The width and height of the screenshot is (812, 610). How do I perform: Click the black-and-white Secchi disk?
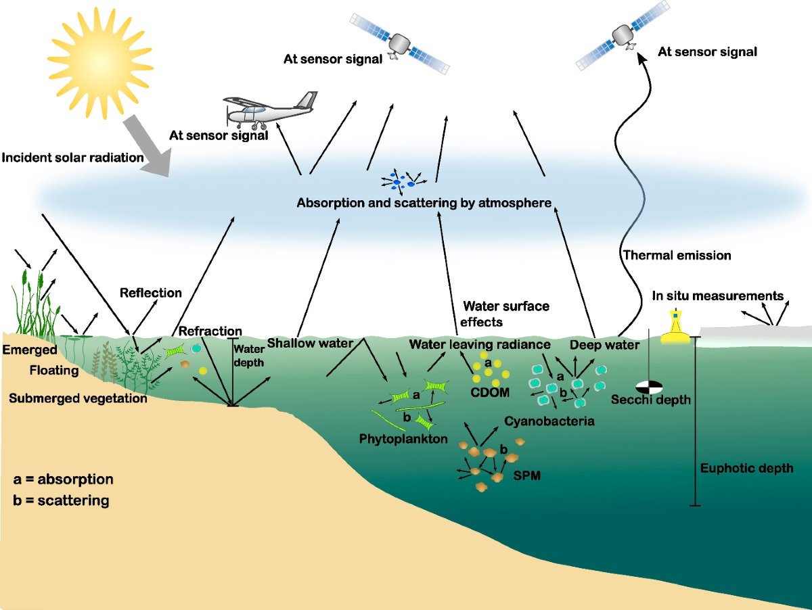pos(648,386)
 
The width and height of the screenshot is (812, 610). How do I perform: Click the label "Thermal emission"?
pos(677,256)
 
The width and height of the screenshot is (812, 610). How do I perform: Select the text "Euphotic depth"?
pos(746,468)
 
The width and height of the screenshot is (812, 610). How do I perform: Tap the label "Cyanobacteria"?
pos(549,421)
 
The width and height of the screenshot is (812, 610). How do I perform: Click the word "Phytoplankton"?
pos(403,439)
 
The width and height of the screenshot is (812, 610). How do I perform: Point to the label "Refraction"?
pos(210,331)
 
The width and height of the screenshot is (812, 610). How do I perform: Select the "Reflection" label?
pos(151,293)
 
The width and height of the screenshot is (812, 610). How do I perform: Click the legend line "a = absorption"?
pos(63,479)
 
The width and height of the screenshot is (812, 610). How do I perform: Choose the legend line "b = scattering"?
pos(60,501)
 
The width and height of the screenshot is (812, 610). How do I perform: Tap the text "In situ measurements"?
pos(717,296)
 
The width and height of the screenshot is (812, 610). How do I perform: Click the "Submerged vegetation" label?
pos(78,398)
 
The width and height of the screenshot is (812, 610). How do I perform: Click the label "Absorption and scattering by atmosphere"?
pos(424,202)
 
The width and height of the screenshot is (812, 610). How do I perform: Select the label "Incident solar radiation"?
pos(73,158)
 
